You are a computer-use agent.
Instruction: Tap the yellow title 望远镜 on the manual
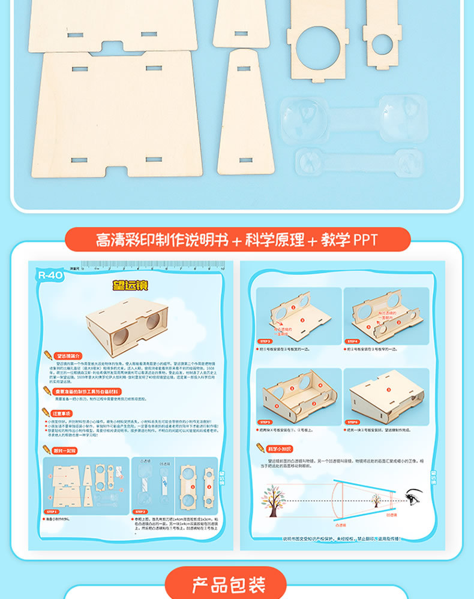point(131,286)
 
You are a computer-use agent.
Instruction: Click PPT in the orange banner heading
point(365,240)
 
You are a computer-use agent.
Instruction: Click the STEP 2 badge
point(140,512)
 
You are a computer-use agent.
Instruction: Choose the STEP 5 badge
point(266,422)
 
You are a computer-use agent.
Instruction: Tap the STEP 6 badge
point(353,422)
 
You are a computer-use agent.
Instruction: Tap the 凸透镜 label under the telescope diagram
point(341,525)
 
